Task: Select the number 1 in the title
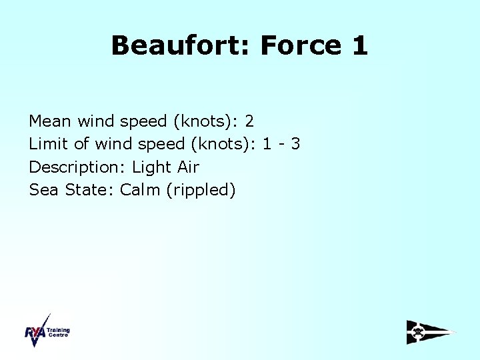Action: click(358, 46)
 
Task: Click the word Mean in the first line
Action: click(51, 121)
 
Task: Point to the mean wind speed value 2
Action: click(249, 121)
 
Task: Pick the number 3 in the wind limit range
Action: click(295, 144)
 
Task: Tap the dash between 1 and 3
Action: click(280, 145)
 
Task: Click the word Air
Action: click(189, 167)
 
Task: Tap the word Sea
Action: click(45, 189)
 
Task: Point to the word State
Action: click(90, 189)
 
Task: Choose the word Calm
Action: click(141, 189)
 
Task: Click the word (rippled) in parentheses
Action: click(201, 190)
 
